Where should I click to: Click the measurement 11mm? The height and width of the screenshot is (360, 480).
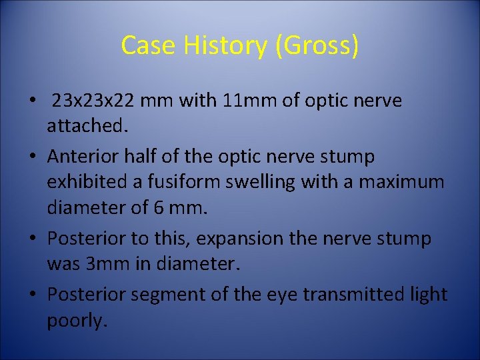239,101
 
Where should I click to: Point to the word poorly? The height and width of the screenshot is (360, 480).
76,320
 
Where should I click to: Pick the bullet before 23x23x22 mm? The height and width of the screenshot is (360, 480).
32,101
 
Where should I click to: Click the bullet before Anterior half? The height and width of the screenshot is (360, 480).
32,157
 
